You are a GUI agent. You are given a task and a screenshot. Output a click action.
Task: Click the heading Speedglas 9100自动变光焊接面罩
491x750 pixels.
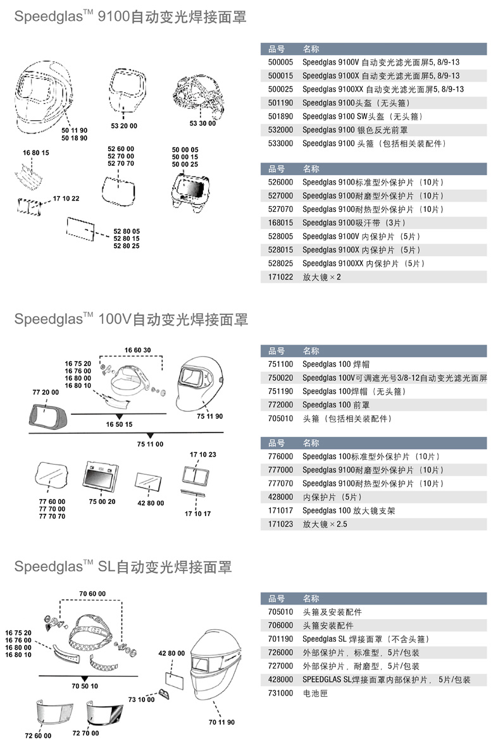130,18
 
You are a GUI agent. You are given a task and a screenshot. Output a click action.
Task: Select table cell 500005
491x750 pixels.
281,62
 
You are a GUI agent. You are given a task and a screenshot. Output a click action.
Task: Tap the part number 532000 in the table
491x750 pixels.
281,130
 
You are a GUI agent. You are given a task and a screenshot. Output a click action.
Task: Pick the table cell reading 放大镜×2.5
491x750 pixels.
325,524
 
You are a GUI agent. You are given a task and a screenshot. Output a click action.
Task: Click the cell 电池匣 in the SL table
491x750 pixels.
315,693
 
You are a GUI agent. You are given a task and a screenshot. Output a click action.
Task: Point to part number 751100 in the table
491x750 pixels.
281,364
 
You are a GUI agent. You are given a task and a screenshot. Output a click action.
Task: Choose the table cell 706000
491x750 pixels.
281,625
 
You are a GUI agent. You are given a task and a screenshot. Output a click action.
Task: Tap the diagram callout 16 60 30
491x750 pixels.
137,350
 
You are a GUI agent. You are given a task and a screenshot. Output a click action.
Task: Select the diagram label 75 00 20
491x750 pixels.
102,501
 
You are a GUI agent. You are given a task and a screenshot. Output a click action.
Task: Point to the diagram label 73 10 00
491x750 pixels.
141,699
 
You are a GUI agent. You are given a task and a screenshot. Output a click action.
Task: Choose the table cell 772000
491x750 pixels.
281,405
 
